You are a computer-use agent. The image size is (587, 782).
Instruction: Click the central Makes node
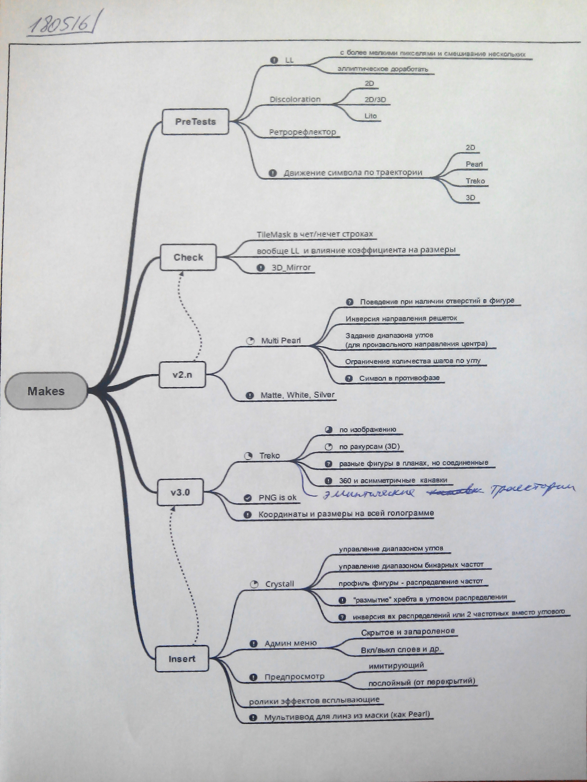[46, 391]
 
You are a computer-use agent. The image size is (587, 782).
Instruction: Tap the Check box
[188, 257]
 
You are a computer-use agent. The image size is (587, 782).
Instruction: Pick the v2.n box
[182, 375]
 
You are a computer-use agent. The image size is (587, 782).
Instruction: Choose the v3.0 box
[180, 492]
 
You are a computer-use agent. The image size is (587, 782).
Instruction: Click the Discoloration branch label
[295, 99]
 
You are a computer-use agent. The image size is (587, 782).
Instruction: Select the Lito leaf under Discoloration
[371, 116]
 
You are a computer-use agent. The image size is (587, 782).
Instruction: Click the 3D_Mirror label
[291, 268]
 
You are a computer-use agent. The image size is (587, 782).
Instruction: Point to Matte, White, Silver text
[297, 395]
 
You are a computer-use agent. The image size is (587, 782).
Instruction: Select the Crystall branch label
[280, 584]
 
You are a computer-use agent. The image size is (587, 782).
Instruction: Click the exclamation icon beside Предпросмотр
[253, 677]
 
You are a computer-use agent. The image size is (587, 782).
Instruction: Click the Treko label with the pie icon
[269, 456]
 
